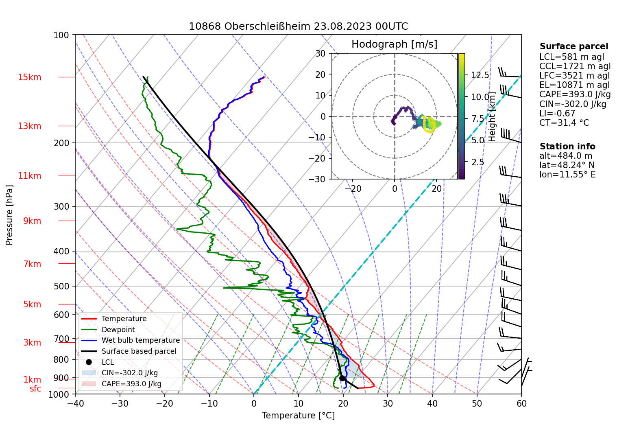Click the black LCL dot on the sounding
(342, 378)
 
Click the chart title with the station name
(298, 26)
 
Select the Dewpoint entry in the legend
(118, 330)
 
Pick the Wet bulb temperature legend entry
(140, 340)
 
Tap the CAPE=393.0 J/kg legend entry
(131, 384)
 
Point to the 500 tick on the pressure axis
(61, 286)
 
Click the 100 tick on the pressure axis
(61, 35)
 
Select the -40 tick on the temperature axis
(75, 404)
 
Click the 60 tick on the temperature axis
(521, 404)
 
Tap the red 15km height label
(29, 77)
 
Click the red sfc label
(35, 389)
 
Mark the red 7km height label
(32, 264)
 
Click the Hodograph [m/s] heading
(394, 44)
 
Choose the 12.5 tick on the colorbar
(480, 75)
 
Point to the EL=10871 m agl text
(574, 85)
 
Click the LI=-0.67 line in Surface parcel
(557, 114)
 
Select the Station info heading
(567, 147)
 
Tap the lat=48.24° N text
(567, 165)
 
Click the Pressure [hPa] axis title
(10, 215)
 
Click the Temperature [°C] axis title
(298, 416)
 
